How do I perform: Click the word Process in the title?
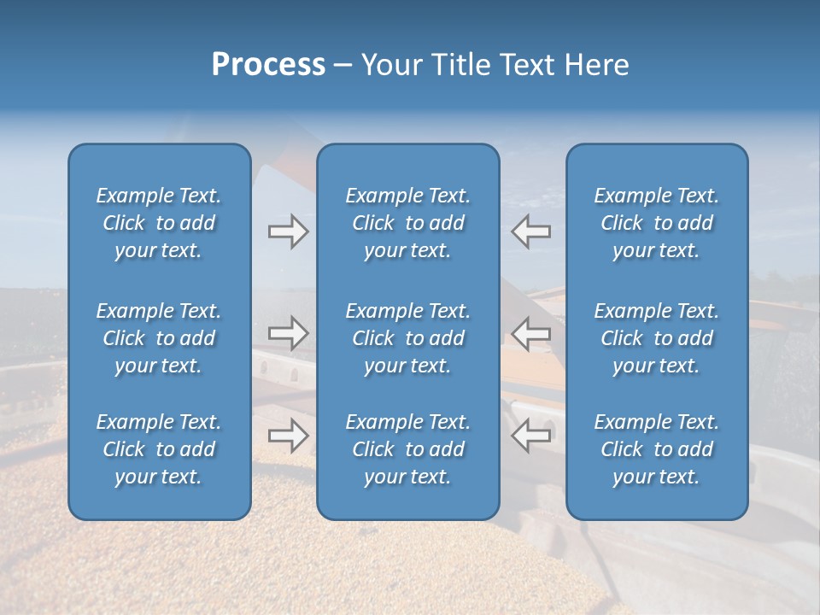coord(268,65)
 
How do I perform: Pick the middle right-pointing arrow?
coord(288,333)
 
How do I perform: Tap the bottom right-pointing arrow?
coord(288,436)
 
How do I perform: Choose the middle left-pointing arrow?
coord(530,333)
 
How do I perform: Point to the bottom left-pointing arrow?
coord(530,436)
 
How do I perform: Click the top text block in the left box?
coord(159,223)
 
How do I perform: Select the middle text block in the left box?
coord(159,338)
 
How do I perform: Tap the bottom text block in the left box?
coord(159,449)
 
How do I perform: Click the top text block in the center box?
coord(408,223)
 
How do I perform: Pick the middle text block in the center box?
coord(408,338)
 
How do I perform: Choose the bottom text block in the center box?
coord(408,449)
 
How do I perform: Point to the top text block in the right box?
coord(657,223)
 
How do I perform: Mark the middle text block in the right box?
coord(657,338)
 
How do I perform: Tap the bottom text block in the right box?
coord(657,449)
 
